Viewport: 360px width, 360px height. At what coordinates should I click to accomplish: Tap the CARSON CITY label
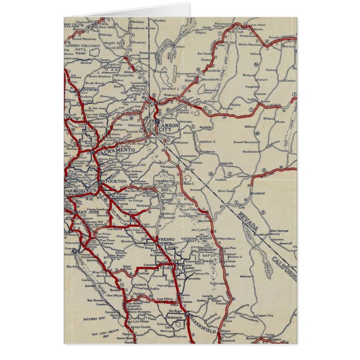tap(168, 129)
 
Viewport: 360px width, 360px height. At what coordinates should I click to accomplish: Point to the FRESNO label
tap(167, 239)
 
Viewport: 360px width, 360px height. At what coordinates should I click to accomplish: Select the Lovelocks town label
tap(214, 71)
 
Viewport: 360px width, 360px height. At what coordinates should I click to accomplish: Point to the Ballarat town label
tap(245, 276)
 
